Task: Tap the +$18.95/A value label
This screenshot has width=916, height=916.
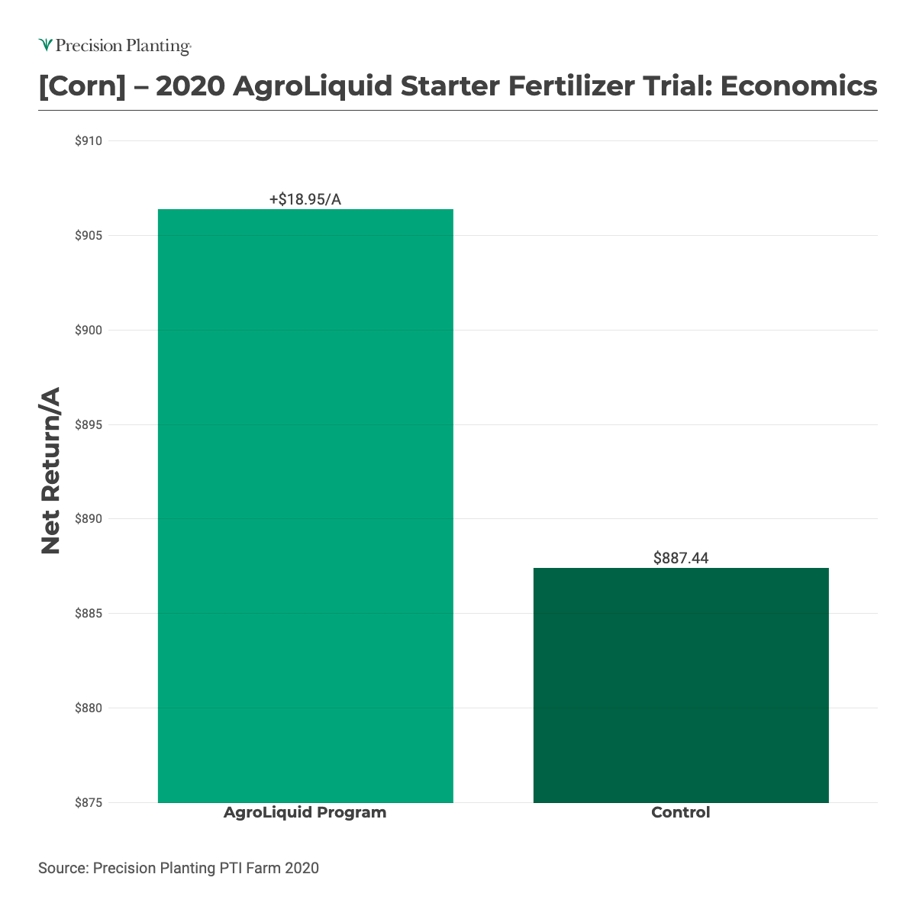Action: coord(305,200)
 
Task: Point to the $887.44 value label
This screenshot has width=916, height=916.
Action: coord(681,559)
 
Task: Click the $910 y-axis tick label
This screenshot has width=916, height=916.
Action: coord(89,141)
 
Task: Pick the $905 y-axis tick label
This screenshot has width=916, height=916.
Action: coord(89,236)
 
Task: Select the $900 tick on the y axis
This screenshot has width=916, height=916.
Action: coord(89,331)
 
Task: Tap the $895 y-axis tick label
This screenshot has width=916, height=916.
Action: coord(89,425)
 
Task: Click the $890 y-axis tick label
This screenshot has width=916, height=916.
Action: coord(89,519)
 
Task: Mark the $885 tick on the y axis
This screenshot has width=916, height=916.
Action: coord(89,614)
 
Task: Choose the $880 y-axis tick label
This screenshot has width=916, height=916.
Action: coord(89,708)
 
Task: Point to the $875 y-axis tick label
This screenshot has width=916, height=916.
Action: coord(89,803)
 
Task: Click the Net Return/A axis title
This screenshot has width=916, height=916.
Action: coord(50,471)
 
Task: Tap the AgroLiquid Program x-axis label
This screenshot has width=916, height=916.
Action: coord(305,813)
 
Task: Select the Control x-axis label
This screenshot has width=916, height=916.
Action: coord(681,813)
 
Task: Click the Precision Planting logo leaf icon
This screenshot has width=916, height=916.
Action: coord(46,46)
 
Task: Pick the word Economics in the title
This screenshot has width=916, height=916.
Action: coord(798,86)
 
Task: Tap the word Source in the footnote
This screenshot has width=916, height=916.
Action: coord(63,868)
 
